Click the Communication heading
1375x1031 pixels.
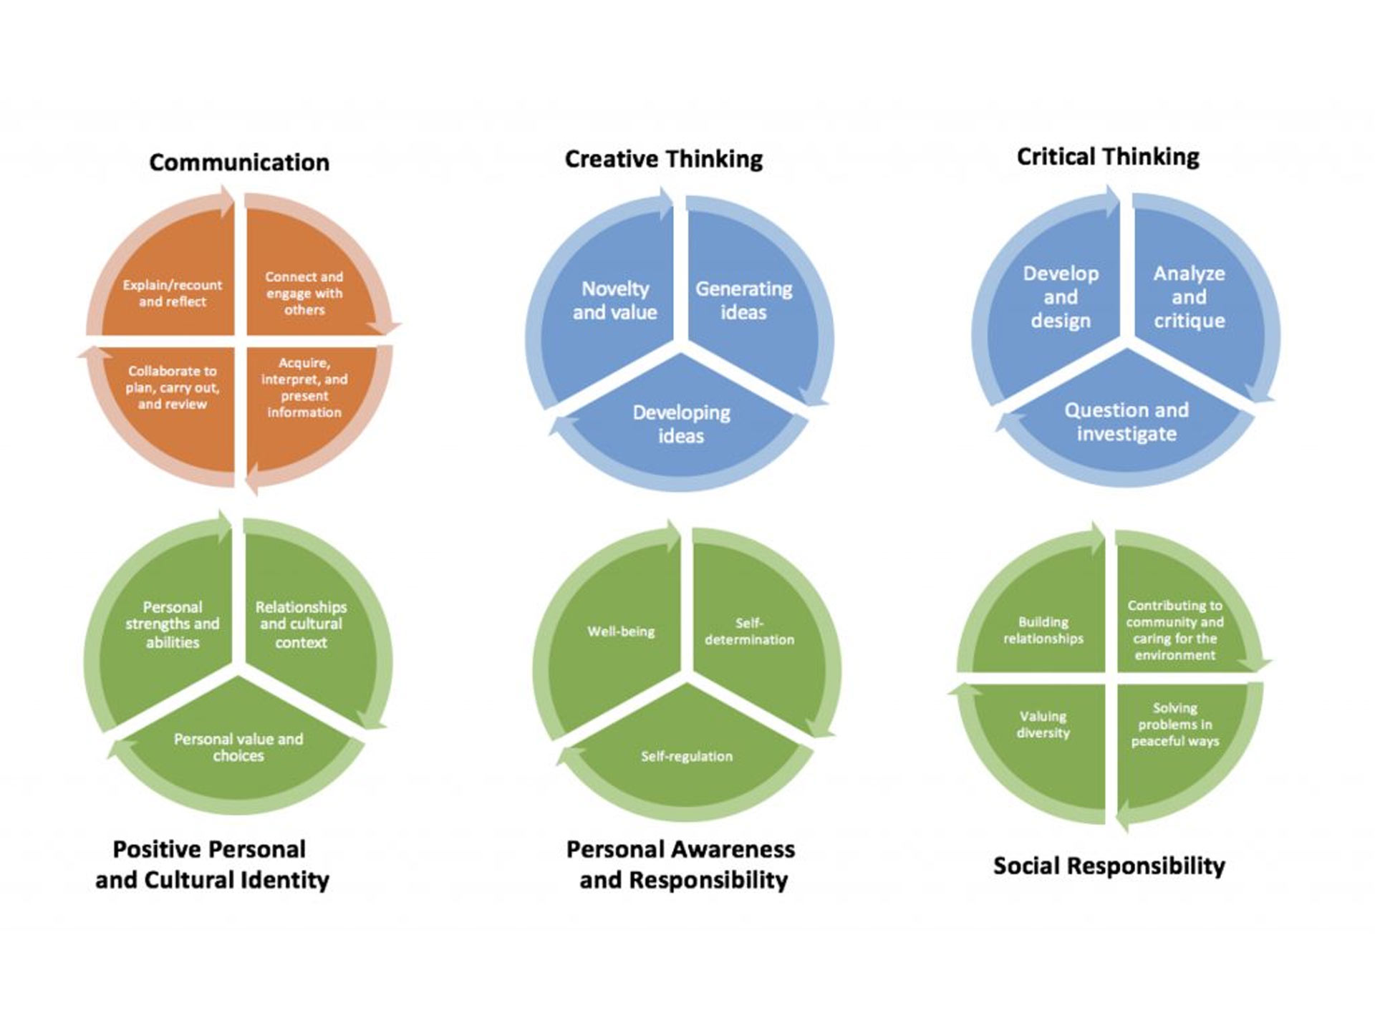click(239, 163)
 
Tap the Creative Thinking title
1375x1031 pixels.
click(664, 159)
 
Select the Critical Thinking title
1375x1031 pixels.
click(1108, 157)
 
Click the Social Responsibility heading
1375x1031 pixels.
click(1109, 866)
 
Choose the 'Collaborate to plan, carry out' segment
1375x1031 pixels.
click(172, 401)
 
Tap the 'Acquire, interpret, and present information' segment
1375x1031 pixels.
click(304, 401)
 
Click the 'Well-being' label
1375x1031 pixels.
click(621, 631)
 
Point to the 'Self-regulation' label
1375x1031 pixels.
click(687, 756)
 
